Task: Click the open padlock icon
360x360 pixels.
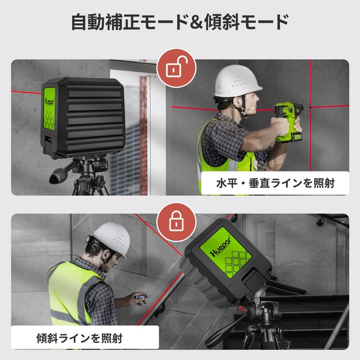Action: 176,67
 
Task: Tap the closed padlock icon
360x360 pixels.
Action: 176,221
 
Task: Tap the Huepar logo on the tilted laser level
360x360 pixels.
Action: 220,247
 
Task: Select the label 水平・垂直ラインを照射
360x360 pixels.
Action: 275,184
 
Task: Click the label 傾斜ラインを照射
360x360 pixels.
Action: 80,338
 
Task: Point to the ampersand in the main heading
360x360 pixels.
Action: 195,22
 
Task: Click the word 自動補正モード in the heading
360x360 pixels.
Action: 130,22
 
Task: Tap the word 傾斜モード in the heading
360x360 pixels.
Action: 246,22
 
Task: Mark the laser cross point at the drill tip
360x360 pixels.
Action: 310,107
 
